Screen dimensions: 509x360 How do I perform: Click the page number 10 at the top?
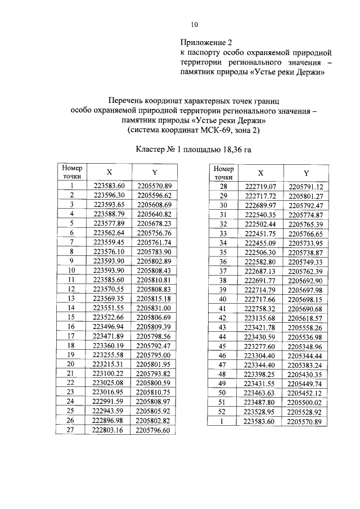pos(194,24)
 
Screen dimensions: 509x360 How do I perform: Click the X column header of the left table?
pos(109,172)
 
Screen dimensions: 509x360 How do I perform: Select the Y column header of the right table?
pos(306,173)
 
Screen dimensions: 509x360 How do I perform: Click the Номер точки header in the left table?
pos(72,172)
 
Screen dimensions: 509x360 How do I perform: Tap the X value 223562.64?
pos(109,233)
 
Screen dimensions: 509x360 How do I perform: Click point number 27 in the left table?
pos(72,431)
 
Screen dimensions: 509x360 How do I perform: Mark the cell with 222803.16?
pos(109,431)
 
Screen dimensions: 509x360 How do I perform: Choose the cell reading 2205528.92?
pos(305,412)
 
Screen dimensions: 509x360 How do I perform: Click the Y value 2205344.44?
pos(305,355)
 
